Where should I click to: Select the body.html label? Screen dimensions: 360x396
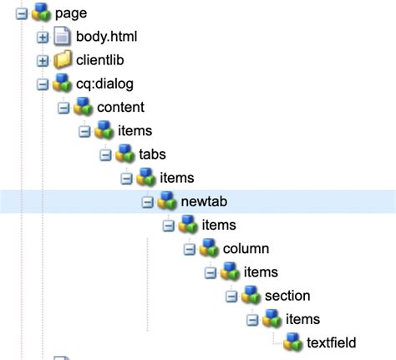pos(106,37)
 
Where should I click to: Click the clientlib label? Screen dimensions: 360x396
pos(100,60)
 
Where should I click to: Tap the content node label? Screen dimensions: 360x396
pos(120,107)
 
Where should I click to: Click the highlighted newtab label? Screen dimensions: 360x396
pos(205,201)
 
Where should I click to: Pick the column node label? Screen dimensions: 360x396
pos(246,248)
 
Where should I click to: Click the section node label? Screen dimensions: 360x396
pos(287,296)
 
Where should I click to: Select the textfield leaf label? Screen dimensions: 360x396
pos(332,342)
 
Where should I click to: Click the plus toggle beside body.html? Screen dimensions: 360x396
pos(43,37)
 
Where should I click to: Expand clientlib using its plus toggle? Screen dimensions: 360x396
pos(43,60)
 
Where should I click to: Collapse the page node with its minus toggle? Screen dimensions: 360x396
pos(22,13)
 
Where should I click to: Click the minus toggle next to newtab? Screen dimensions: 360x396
pos(148,201)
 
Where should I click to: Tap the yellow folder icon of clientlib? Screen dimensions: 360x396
pos(62,60)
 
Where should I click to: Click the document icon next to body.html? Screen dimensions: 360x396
pos(62,37)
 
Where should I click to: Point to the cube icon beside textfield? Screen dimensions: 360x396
pos(292,342)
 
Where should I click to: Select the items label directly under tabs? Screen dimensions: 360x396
pos(176,178)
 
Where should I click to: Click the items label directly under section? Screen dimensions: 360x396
pos(302,319)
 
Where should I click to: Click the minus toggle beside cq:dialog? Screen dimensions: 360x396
pos(43,84)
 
